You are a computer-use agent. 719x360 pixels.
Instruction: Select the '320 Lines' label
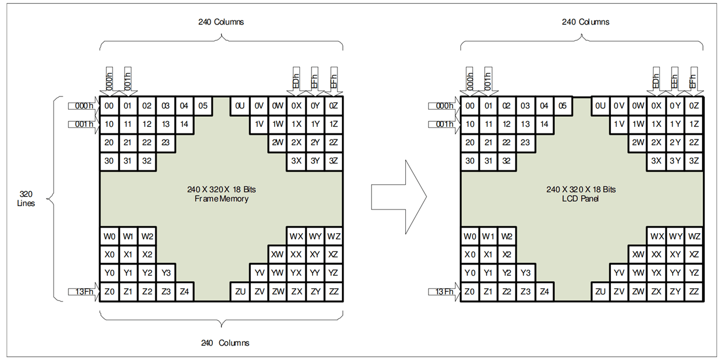(x=26, y=198)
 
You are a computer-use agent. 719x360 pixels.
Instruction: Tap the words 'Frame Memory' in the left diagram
(x=221, y=198)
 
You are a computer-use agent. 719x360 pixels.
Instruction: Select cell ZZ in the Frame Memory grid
(x=333, y=291)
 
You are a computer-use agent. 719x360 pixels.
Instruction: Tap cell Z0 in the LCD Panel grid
(x=470, y=291)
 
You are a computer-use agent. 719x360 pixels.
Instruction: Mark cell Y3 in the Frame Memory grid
(x=165, y=272)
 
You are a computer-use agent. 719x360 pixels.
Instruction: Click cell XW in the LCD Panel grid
(x=638, y=254)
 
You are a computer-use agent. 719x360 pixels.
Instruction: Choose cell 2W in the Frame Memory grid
(x=277, y=143)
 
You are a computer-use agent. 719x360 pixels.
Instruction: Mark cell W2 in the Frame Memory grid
(x=147, y=236)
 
